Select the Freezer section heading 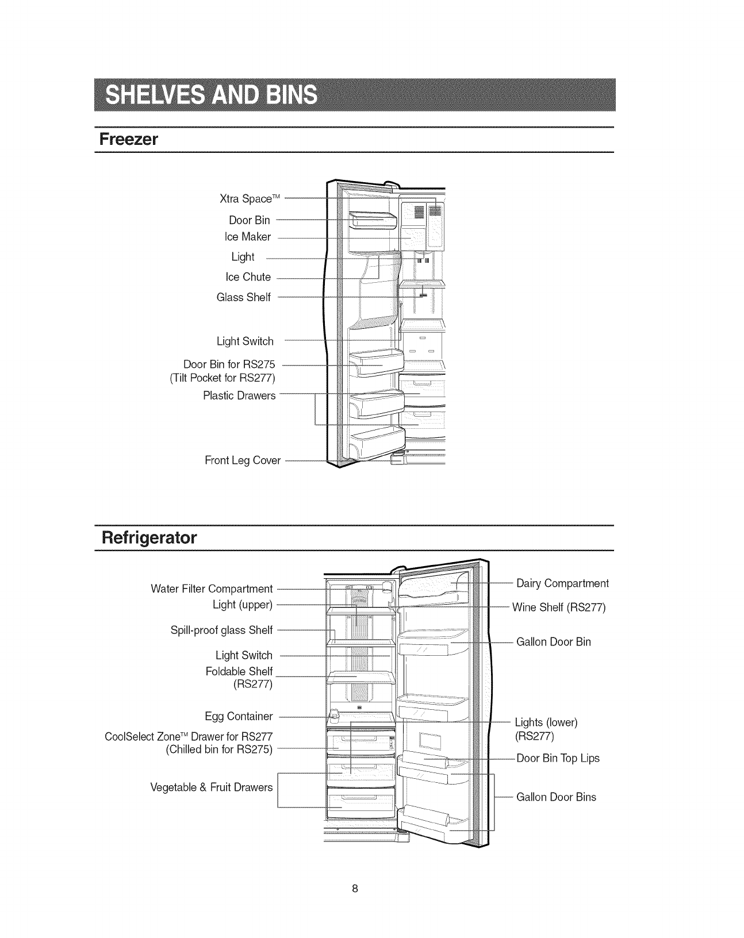[x=128, y=140]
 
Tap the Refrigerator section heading [x=148, y=538]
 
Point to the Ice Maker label [x=248, y=237]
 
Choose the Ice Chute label [x=248, y=277]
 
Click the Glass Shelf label [x=244, y=297]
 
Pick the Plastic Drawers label [x=239, y=395]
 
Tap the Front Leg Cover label [x=243, y=460]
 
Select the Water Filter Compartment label [x=212, y=589]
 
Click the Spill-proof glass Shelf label [x=221, y=630]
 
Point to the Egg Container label [x=239, y=716]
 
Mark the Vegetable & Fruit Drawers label [x=211, y=787]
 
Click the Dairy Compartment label [x=562, y=583]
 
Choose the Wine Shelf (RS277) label [x=559, y=608]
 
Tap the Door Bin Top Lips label [x=558, y=758]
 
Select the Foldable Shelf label [x=239, y=671]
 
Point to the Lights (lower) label [x=546, y=722]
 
